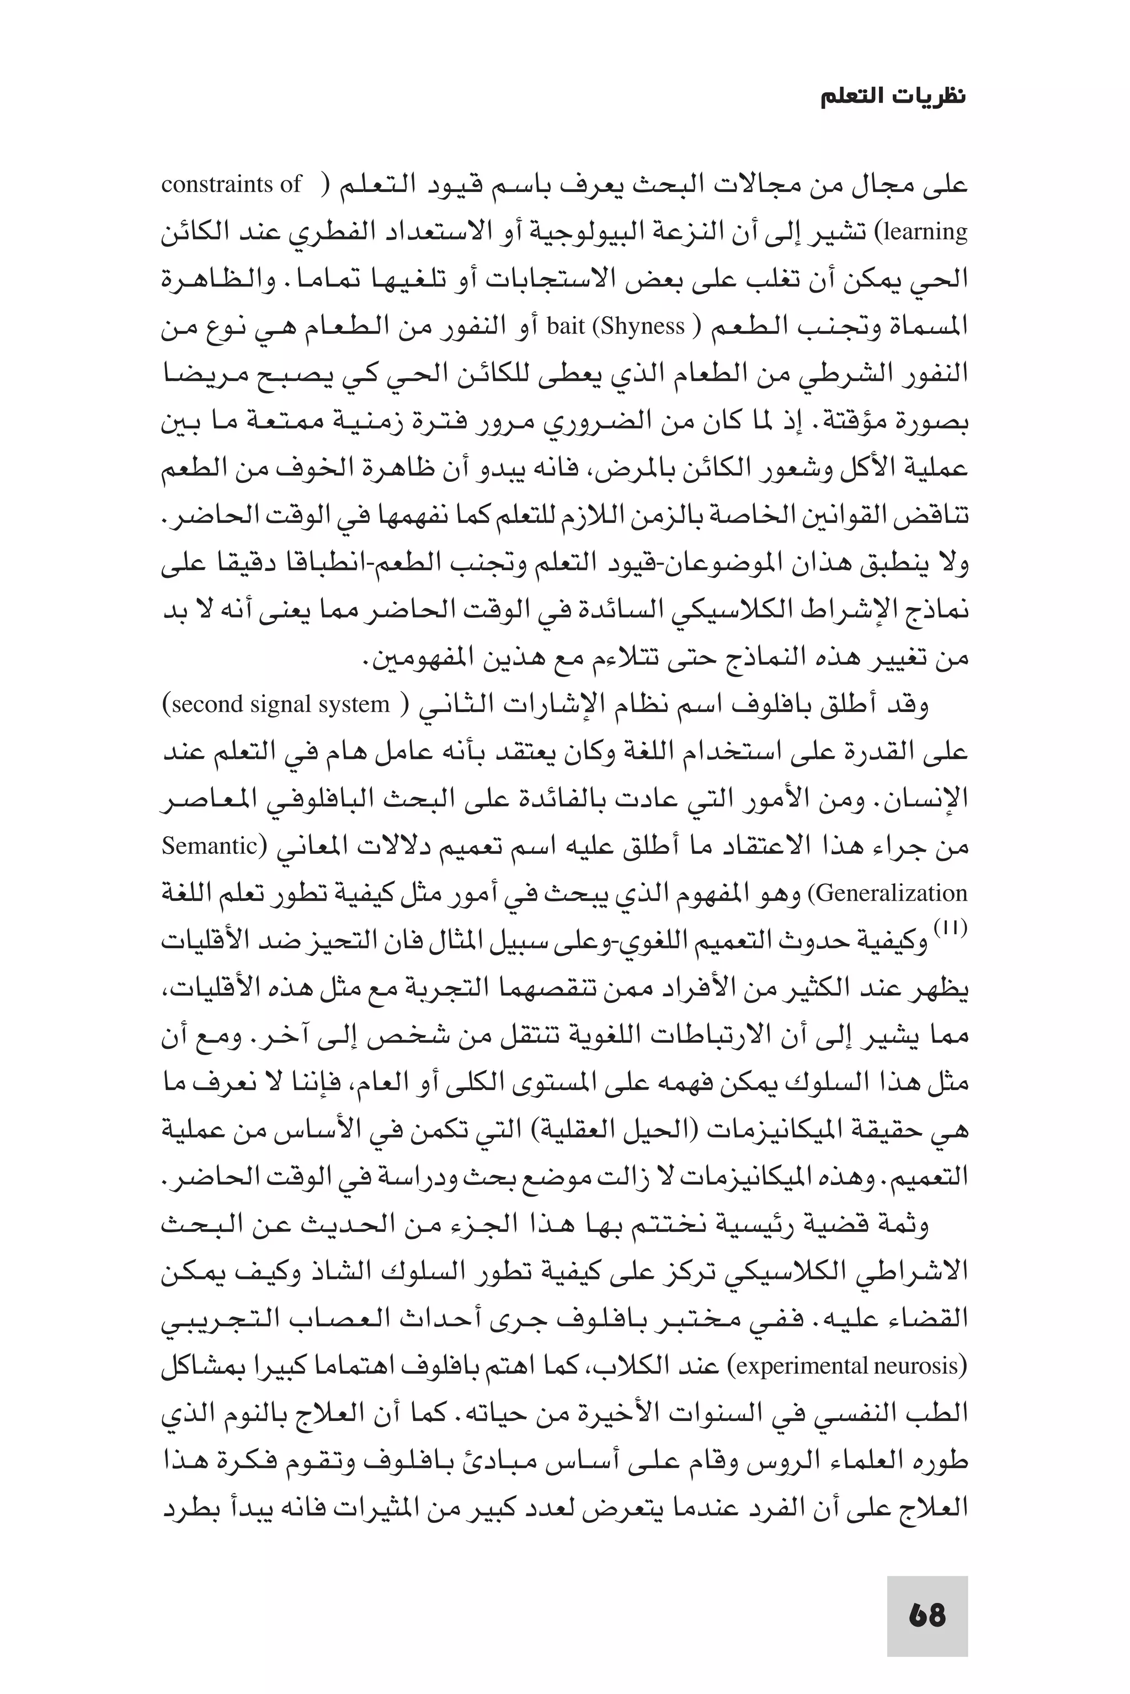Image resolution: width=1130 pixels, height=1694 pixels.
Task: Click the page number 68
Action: [x=927, y=1615]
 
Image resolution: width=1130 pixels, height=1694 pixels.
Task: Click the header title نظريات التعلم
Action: [x=894, y=97]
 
